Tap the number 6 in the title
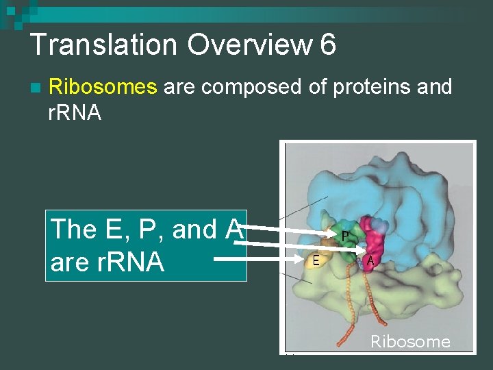(327, 45)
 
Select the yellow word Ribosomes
(103, 87)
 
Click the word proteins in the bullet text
(375, 87)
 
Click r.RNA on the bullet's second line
(75, 112)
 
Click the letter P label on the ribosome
(346, 236)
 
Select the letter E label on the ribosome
(316, 260)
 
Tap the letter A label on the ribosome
(370, 260)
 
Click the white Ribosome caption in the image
(410, 341)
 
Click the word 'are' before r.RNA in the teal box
(68, 261)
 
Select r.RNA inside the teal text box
(126, 261)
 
